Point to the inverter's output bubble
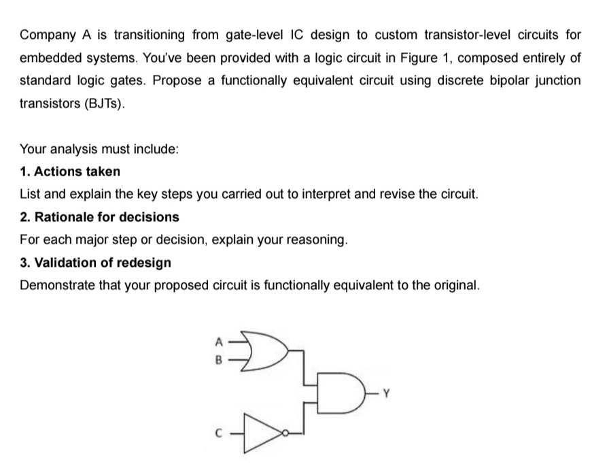click(x=285, y=433)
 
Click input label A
click(x=219, y=342)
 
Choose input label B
click(x=219, y=360)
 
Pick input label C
click(x=218, y=433)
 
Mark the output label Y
click(x=386, y=393)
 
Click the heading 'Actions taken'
click(x=77, y=171)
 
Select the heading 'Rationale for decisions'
click(x=107, y=217)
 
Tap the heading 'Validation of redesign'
click(x=103, y=263)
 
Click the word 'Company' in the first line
click(x=48, y=35)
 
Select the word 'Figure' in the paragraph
click(x=418, y=58)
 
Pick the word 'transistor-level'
click(x=467, y=35)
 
